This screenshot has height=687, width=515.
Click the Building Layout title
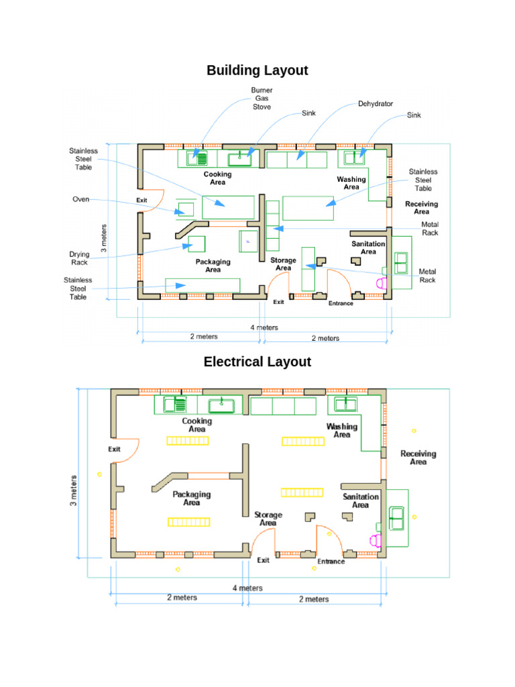click(x=257, y=70)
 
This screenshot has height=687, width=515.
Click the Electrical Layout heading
click(x=257, y=362)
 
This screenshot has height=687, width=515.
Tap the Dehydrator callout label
click(x=376, y=104)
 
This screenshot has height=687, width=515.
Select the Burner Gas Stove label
click(x=262, y=99)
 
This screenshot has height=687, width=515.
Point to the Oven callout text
click(x=81, y=199)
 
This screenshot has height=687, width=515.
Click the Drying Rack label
click(x=79, y=258)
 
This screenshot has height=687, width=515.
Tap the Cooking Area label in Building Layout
click(x=218, y=178)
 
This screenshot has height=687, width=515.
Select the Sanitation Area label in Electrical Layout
click(x=360, y=500)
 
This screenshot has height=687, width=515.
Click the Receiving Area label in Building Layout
click(x=421, y=208)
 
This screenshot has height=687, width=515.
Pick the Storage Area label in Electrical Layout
click(x=268, y=519)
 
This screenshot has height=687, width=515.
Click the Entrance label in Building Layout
click(x=341, y=303)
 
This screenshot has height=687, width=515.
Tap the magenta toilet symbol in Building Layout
click(x=382, y=283)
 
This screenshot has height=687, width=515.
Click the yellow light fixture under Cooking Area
click(x=188, y=441)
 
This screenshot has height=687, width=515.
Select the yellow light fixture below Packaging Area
click(x=188, y=522)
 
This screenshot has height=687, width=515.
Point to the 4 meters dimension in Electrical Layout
click(x=247, y=588)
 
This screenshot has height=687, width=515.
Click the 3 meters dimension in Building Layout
click(x=104, y=238)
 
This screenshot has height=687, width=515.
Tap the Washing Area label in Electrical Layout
click(x=341, y=430)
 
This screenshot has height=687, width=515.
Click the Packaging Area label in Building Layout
click(x=213, y=266)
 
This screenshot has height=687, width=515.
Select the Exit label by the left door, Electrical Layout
click(x=114, y=449)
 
